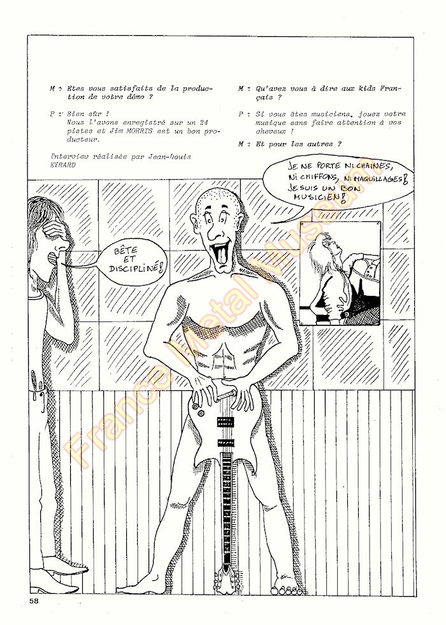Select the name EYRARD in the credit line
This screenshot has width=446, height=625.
point(61,164)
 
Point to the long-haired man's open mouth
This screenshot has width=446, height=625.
point(52,258)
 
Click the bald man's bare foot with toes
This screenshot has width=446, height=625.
point(287,587)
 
